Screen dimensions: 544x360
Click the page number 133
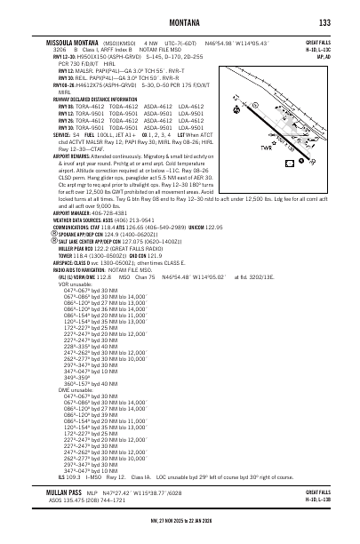tap(324, 22)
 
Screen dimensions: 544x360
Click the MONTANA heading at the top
tap(180, 22)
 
